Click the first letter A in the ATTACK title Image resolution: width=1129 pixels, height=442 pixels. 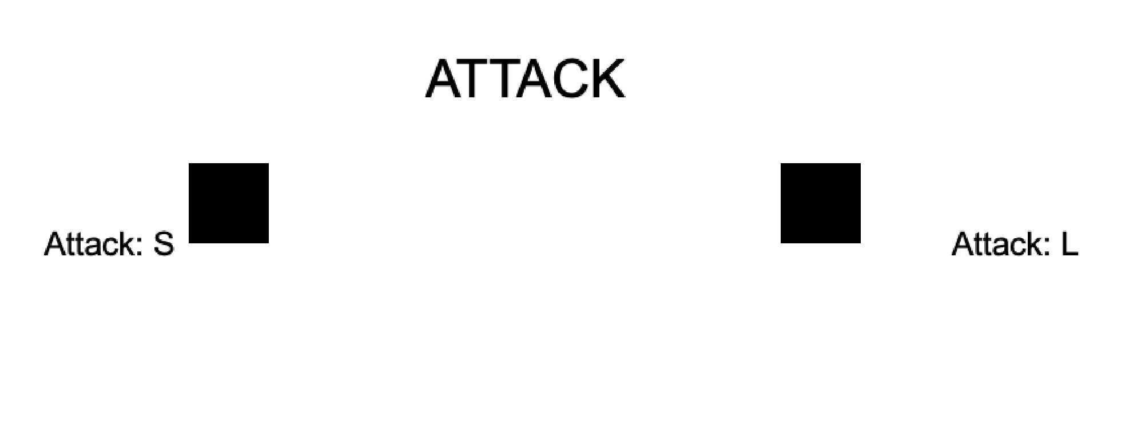point(443,79)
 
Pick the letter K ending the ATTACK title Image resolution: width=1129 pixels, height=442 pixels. point(609,79)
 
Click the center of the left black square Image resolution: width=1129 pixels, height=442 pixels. point(229,203)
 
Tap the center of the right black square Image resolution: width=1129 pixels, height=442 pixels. point(821,203)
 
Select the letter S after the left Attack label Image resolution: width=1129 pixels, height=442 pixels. point(164,244)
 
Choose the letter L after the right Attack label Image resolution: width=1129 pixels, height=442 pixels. point(1070,244)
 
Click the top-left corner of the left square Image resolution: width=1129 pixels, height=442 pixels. point(189,163)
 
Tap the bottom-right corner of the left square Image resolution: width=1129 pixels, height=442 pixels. point(269,243)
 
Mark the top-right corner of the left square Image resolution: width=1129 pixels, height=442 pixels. point(269,163)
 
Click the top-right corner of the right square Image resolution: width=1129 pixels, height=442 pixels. point(861,163)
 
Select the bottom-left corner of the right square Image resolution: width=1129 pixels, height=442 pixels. point(781,243)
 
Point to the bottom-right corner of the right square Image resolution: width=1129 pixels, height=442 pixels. point(861,243)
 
